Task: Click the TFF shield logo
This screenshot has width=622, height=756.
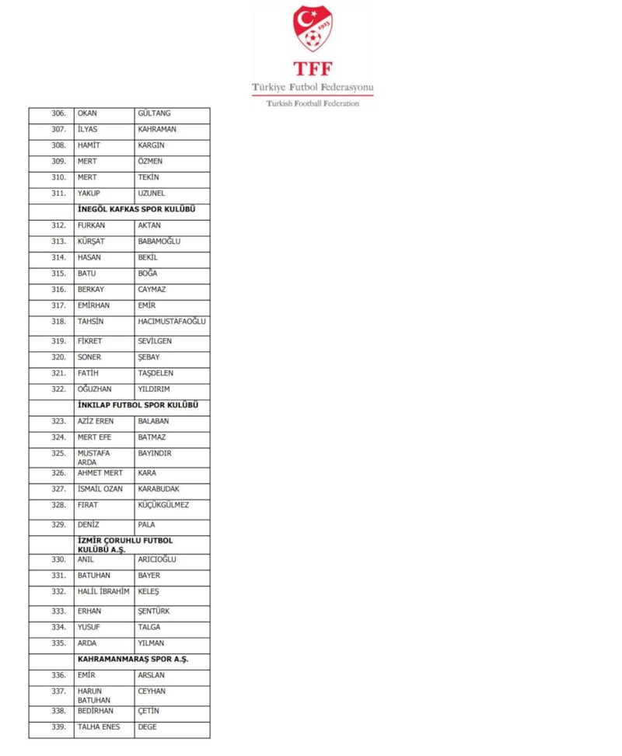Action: [x=313, y=28]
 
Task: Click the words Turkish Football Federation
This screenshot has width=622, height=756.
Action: [x=313, y=103]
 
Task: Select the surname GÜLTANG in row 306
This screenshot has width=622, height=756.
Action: [x=154, y=113]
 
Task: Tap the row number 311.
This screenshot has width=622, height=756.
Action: [x=58, y=193]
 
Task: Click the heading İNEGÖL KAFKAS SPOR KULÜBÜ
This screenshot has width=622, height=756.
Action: [x=135, y=210]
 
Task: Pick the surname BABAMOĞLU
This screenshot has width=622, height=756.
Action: [x=159, y=242]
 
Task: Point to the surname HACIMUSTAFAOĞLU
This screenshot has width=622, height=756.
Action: [x=172, y=322]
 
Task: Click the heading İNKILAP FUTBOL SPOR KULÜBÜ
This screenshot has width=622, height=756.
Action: [x=138, y=406]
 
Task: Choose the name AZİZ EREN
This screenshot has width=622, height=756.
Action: [x=96, y=422]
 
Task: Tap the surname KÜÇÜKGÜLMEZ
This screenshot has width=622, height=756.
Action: [x=163, y=505]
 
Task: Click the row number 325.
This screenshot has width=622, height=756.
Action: [x=58, y=453]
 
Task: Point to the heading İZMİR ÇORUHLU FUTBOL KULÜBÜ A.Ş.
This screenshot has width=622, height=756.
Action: [x=125, y=545]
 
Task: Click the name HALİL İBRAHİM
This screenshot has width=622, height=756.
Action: [x=103, y=592]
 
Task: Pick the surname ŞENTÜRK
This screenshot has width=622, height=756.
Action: [x=153, y=611]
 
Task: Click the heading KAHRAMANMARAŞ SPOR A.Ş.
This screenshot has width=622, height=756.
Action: [x=133, y=660]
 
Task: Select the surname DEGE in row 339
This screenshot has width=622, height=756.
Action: [x=147, y=727]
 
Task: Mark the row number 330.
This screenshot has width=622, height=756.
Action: [x=58, y=559]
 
